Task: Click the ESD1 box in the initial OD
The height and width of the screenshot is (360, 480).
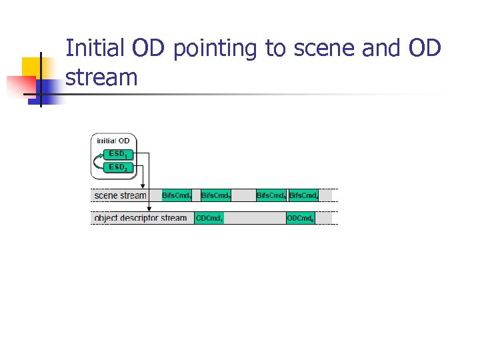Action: point(117,154)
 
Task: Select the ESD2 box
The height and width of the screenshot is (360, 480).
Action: point(117,167)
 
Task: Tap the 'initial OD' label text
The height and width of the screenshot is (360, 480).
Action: point(113,141)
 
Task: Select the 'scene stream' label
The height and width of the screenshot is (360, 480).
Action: point(120,195)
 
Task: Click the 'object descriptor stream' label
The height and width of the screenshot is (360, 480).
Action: point(141,218)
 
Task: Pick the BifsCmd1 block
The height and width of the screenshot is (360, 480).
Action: point(177,195)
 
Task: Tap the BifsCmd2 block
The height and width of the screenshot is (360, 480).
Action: point(216,195)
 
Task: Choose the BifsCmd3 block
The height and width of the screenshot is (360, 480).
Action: point(271,195)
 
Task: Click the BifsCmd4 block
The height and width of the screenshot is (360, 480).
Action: point(303,195)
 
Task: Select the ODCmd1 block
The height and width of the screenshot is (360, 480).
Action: point(209,218)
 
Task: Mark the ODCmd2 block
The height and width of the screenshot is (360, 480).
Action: point(300,218)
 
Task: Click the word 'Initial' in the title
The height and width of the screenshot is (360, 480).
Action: point(95,49)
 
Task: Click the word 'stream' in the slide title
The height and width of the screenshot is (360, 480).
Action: point(101,78)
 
